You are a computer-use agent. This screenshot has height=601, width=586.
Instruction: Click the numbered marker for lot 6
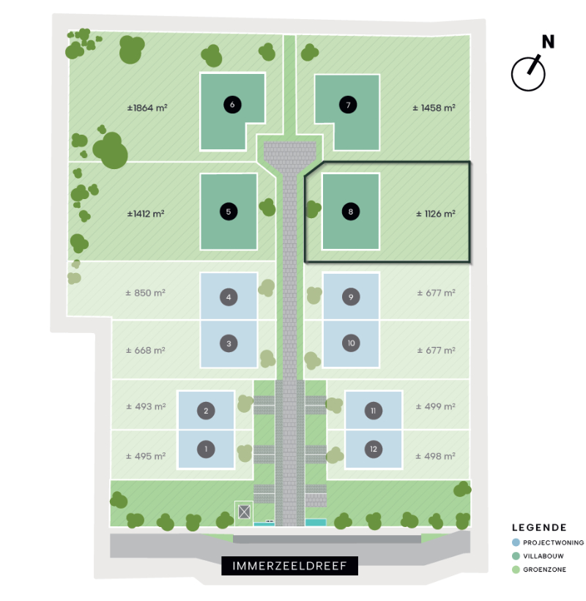tap(232, 105)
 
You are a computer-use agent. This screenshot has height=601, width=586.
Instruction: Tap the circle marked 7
tap(348, 105)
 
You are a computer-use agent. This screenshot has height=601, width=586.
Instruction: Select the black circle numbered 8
tap(351, 212)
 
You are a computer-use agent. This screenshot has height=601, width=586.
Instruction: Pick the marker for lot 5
tap(229, 212)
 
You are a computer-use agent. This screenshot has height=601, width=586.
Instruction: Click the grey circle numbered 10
tap(351, 343)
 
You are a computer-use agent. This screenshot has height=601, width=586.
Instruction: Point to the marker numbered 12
tap(374, 449)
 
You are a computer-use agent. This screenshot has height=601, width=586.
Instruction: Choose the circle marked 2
tap(206, 411)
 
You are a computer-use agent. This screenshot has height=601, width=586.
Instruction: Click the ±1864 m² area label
tap(147, 108)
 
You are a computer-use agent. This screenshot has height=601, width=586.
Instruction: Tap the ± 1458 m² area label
tap(434, 108)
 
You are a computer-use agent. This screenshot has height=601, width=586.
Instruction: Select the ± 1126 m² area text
tap(436, 214)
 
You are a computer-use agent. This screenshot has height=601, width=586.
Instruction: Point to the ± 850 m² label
tap(145, 293)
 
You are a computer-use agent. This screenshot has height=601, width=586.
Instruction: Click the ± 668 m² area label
tap(145, 351)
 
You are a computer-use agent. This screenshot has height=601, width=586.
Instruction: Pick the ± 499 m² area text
tap(436, 406)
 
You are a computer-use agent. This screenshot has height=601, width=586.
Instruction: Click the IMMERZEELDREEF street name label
tap(289, 566)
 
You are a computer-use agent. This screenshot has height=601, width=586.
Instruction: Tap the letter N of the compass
tap(548, 42)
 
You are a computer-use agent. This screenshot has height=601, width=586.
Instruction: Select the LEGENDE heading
tap(539, 528)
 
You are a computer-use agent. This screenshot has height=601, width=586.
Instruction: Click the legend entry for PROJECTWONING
tap(548, 542)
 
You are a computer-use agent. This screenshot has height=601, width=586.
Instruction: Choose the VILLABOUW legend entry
tap(538, 556)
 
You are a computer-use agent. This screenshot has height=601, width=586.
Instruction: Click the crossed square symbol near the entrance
tap(245, 512)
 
